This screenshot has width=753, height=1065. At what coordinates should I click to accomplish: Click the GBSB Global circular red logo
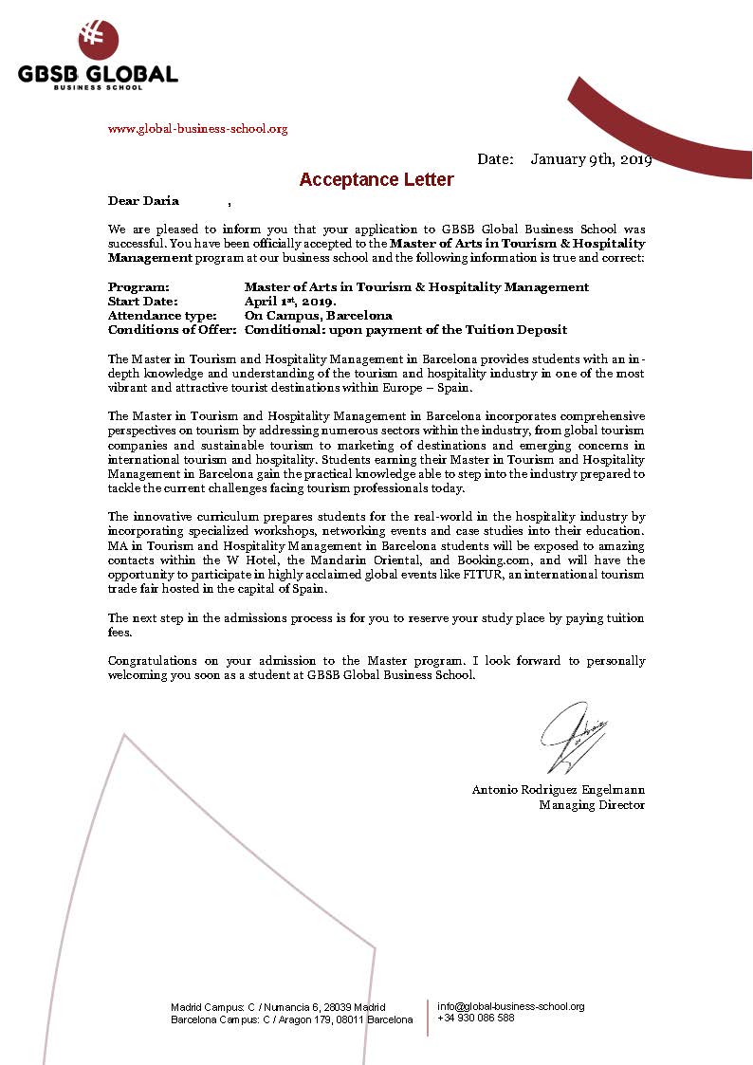point(100,40)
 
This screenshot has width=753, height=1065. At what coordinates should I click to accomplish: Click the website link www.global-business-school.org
point(198,129)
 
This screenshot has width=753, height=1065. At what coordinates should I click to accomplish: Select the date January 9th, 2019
point(591,159)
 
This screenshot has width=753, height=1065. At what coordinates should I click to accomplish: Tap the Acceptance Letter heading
point(376,179)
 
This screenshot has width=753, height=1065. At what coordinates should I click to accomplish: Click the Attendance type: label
point(162,316)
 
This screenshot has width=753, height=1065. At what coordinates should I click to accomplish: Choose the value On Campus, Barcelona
point(318,316)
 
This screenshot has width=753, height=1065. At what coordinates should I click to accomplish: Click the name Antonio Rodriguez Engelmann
point(558,790)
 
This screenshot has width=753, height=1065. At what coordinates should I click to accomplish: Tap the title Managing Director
point(592,804)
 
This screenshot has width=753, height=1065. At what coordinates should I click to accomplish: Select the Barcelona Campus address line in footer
point(291,1019)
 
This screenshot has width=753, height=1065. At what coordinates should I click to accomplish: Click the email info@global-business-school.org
point(510,1006)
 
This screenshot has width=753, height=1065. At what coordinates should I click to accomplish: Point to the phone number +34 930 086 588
point(476,1018)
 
